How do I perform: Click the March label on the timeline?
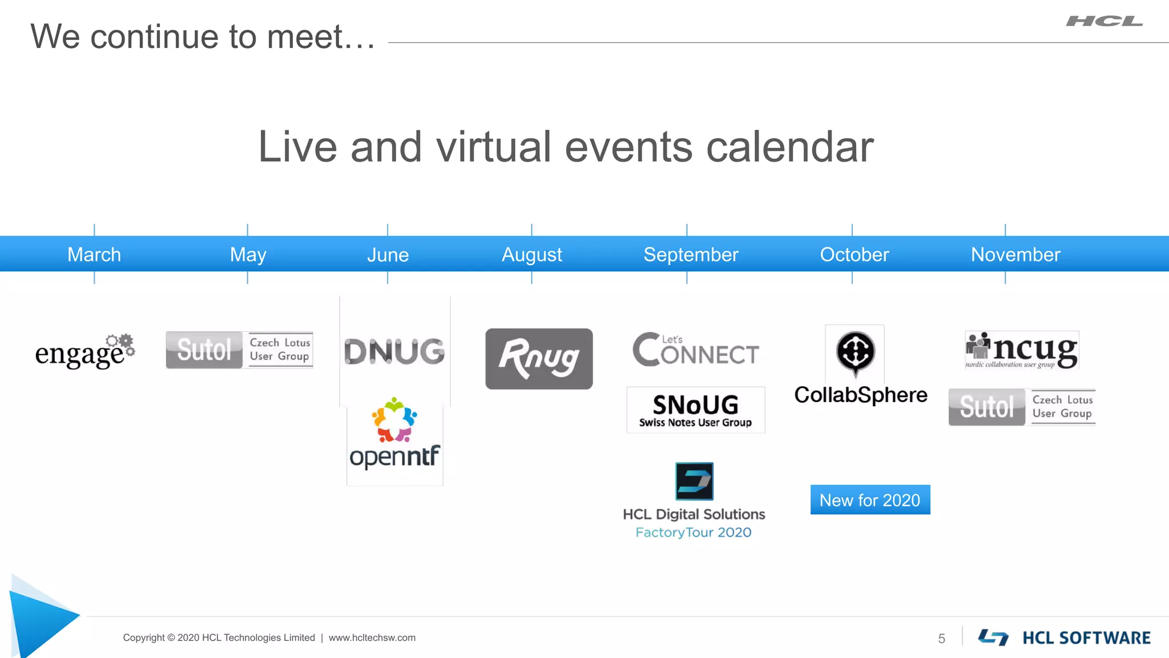click(x=94, y=254)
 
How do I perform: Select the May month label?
click(x=248, y=254)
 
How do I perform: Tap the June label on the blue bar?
click(x=388, y=254)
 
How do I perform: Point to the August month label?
click(x=531, y=254)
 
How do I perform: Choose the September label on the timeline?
click(x=691, y=254)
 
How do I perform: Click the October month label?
click(x=854, y=254)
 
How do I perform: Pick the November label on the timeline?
click(x=1015, y=254)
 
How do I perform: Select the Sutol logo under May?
click(x=239, y=350)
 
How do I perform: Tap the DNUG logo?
click(x=394, y=351)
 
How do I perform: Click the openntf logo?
click(x=394, y=437)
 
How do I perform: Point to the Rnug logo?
click(x=539, y=359)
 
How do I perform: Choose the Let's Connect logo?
click(x=695, y=350)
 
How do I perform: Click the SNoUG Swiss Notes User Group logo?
click(x=695, y=410)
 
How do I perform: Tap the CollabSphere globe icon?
click(x=855, y=351)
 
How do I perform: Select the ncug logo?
click(x=1022, y=350)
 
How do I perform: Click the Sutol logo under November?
click(x=1022, y=407)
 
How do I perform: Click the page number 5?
click(x=941, y=639)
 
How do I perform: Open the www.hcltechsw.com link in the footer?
click(x=372, y=637)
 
